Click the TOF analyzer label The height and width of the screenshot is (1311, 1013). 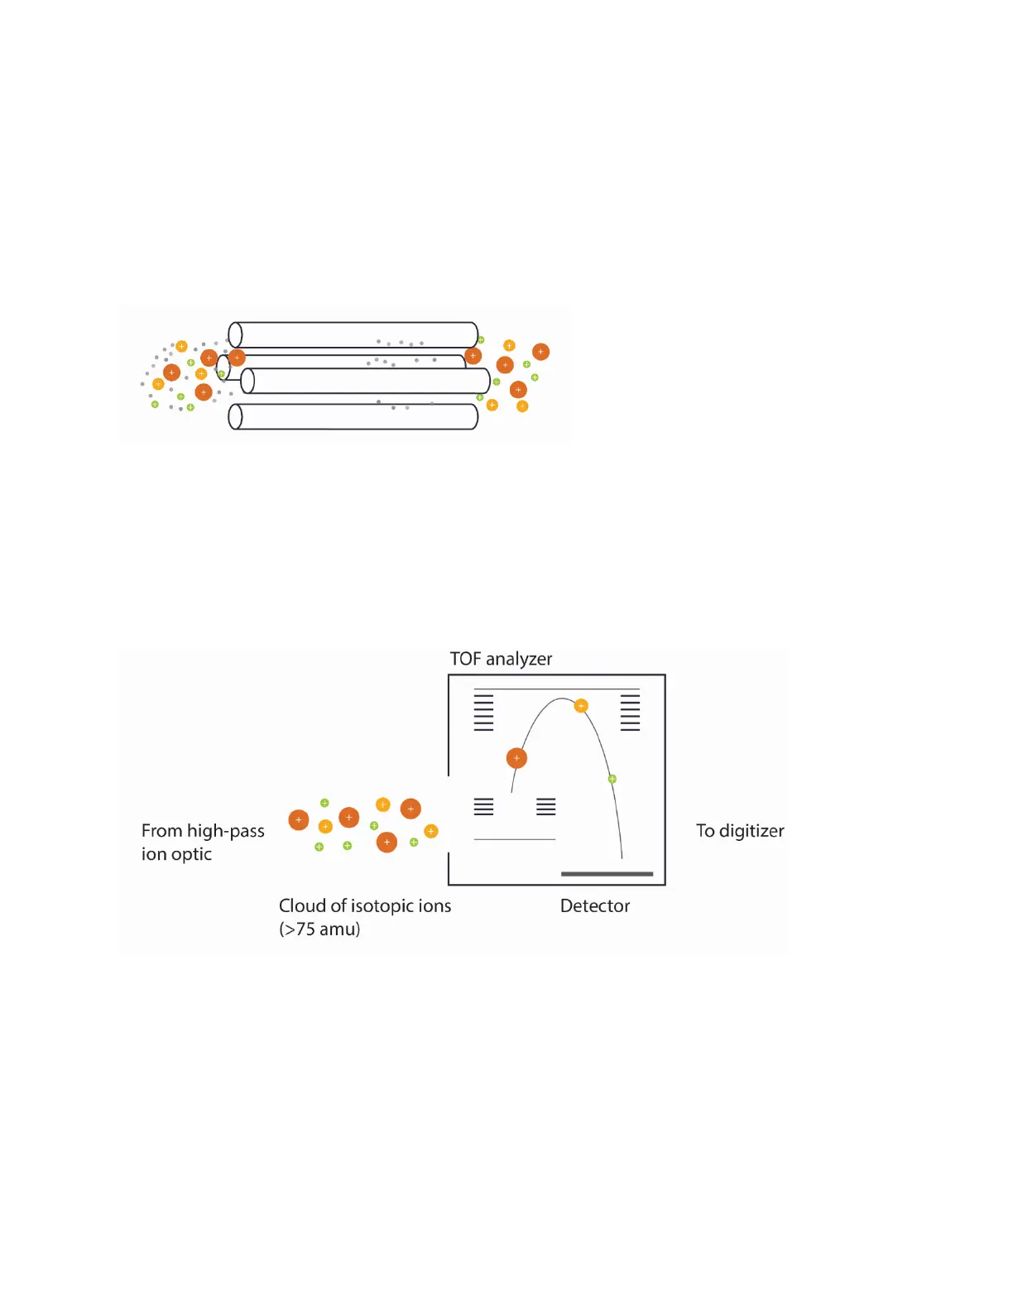point(501,659)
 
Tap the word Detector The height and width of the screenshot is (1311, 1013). point(595,905)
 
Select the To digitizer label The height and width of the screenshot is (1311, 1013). point(740,831)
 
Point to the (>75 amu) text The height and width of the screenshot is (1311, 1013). point(319,929)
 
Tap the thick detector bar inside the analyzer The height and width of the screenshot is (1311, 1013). point(607,874)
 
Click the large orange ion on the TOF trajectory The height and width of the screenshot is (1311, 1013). point(516,758)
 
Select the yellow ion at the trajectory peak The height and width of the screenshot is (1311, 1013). point(581,706)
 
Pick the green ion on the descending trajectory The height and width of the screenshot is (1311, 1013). point(612,779)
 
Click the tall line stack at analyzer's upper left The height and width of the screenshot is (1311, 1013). point(483,712)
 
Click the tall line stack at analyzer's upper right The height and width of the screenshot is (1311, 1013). point(630,712)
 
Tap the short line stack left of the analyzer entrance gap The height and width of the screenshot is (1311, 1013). point(483,807)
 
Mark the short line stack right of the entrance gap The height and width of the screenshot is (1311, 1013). point(546,807)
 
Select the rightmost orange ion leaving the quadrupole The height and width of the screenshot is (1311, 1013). point(540,352)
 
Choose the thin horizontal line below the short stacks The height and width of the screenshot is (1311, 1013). point(514,840)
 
